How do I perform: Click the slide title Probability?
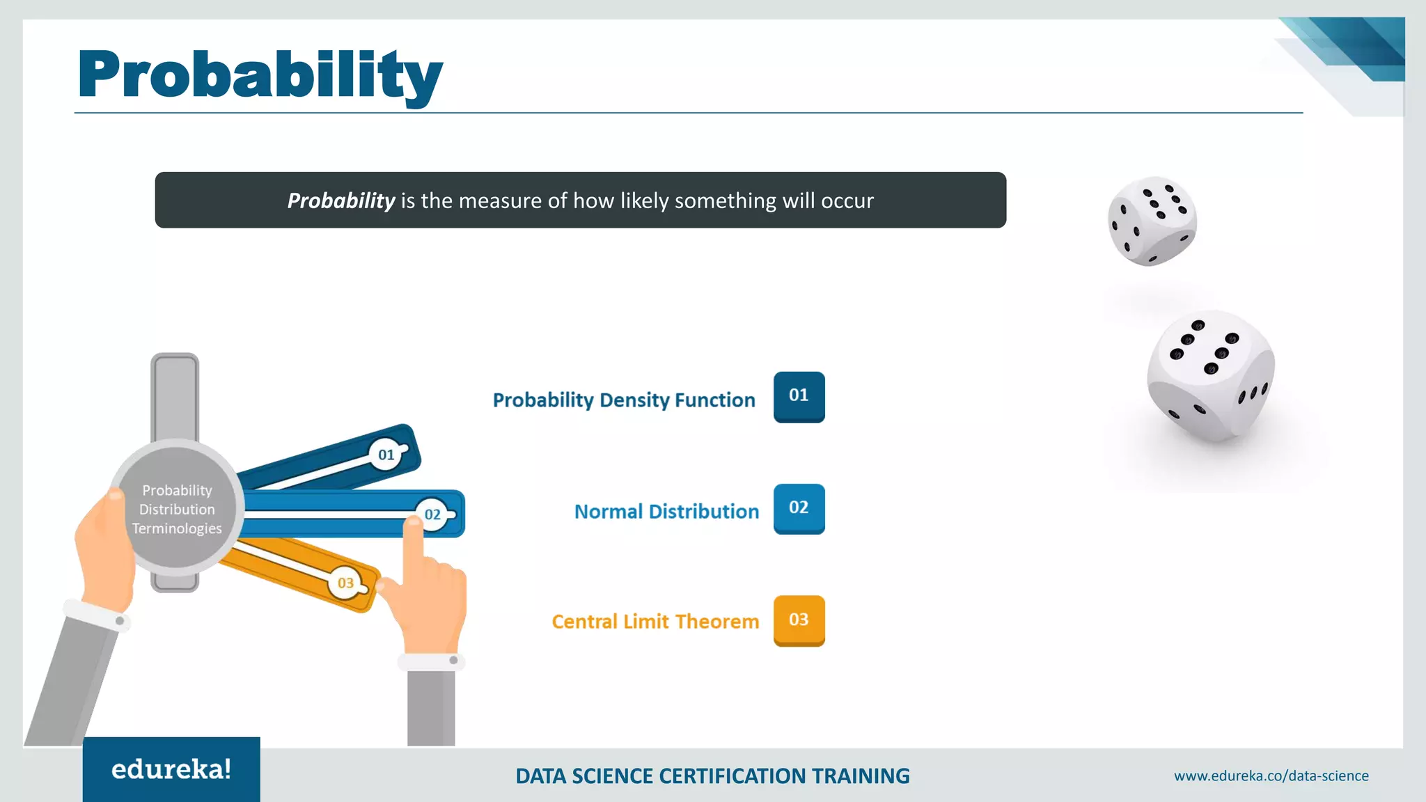click(x=260, y=75)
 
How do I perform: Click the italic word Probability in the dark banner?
click(x=341, y=200)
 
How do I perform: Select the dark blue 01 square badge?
click(x=799, y=396)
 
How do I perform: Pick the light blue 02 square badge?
click(x=799, y=508)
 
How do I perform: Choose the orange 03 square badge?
click(x=799, y=620)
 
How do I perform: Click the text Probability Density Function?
click(x=624, y=400)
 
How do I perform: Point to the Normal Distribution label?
click(x=666, y=512)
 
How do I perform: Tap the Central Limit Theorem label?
click(x=655, y=622)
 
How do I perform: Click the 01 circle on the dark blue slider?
click(x=386, y=455)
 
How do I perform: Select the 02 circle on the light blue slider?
click(x=432, y=514)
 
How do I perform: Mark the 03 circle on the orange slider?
click(x=345, y=583)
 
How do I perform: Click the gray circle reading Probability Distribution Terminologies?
click(x=177, y=509)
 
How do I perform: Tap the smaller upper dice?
click(x=1152, y=221)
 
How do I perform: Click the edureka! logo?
click(x=171, y=769)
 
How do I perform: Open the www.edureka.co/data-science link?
click(x=1271, y=776)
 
